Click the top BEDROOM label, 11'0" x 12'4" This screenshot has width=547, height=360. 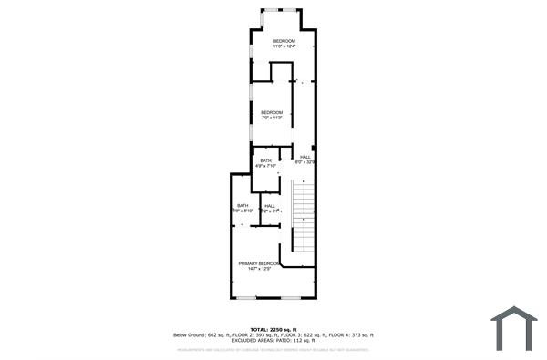(x=284, y=41)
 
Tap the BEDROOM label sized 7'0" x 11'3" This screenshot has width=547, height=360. (x=272, y=112)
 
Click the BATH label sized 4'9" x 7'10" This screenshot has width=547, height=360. (x=265, y=160)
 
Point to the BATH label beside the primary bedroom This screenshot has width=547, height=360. (x=243, y=206)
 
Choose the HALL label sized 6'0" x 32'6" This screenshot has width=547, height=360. (x=304, y=157)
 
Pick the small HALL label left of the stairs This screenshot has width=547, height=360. (x=270, y=206)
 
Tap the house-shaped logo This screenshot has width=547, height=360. (x=513, y=328)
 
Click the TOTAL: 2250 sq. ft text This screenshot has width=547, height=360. (x=273, y=329)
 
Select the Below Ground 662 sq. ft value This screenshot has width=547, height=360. (x=204, y=334)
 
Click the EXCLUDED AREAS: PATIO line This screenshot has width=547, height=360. (x=273, y=340)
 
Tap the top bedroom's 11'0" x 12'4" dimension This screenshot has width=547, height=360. (x=284, y=46)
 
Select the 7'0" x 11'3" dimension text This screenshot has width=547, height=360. (x=272, y=118)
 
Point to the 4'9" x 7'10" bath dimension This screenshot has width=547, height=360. (x=265, y=166)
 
